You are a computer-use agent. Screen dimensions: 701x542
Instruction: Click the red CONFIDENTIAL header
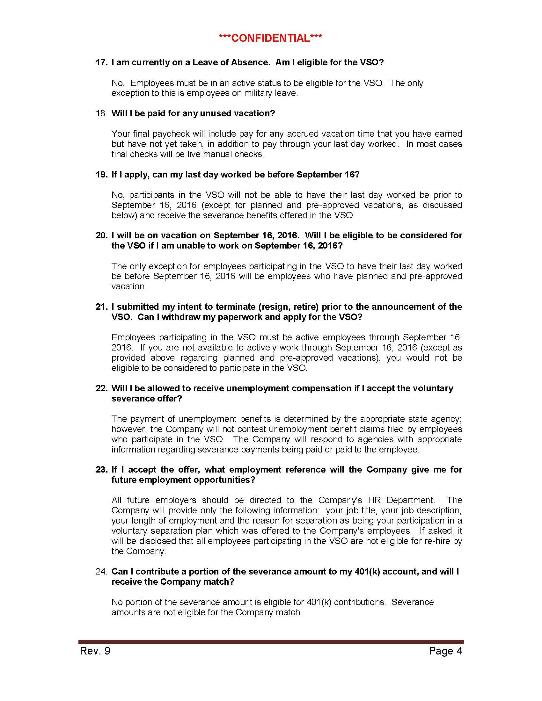[x=270, y=38]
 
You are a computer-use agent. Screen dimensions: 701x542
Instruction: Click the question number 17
[x=101, y=62]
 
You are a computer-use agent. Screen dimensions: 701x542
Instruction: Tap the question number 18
[x=101, y=113]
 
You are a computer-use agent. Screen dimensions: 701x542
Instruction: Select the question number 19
[x=101, y=175]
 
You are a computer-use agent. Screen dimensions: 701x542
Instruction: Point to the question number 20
[x=101, y=235]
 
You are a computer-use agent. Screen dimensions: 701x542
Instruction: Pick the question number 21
[x=101, y=307]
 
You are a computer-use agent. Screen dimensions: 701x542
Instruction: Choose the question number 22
[x=101, y=388]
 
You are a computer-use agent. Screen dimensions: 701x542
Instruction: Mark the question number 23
[x=101, y=470]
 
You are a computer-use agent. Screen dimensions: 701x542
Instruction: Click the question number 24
[x=101, y=572]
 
